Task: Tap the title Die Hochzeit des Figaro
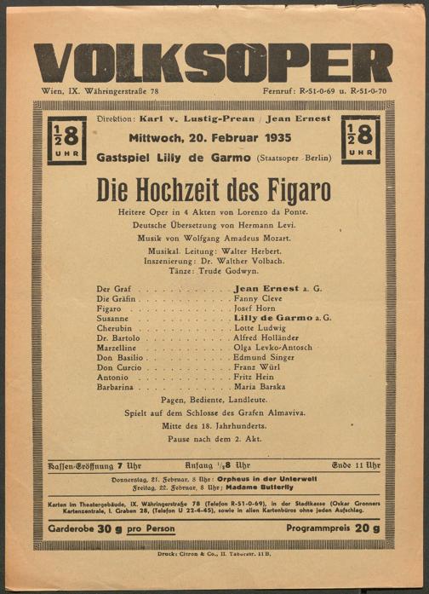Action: point(214,187)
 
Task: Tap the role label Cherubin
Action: point(116,328)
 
